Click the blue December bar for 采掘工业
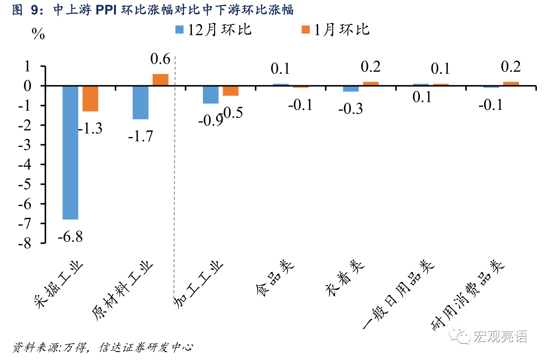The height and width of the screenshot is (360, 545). pyautogui.click(x=70, y=152)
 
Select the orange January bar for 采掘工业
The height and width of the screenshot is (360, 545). pyautogui.click(x=90, y=98)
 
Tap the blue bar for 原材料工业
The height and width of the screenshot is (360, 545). pyautogui.click(x=140, y=102)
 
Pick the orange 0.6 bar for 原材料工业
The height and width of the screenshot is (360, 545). pyautogui.click(x=161, y=80)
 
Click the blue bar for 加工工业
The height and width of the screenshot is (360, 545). pyautogui.click(x=210, y=95)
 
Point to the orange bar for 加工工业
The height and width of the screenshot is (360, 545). pyautogui.click(x=230, y=91)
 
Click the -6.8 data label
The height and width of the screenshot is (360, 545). pyautogui.click(x=70, y=237)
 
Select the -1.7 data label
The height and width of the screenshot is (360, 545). pyautogui.click(x=141, y=136)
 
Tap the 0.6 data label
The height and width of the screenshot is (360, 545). pyautogui.click(x=161, y=59)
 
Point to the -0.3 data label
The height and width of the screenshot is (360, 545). pyautogui.click(x=351, y=108)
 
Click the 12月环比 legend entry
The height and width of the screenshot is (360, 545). pyautogui.click(x=213, y=30)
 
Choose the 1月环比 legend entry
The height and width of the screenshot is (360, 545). pyautogui.click(x=336, y=30)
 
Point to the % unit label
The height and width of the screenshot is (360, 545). pyautogui.click(x=38, y=34)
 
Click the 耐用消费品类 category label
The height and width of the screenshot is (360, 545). pyautogui.click(x=468, y=295)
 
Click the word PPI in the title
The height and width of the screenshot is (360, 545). pyautogui.click(x=106, y=10)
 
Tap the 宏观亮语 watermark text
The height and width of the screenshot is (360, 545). pyautogui.click(x=500, y=336)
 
